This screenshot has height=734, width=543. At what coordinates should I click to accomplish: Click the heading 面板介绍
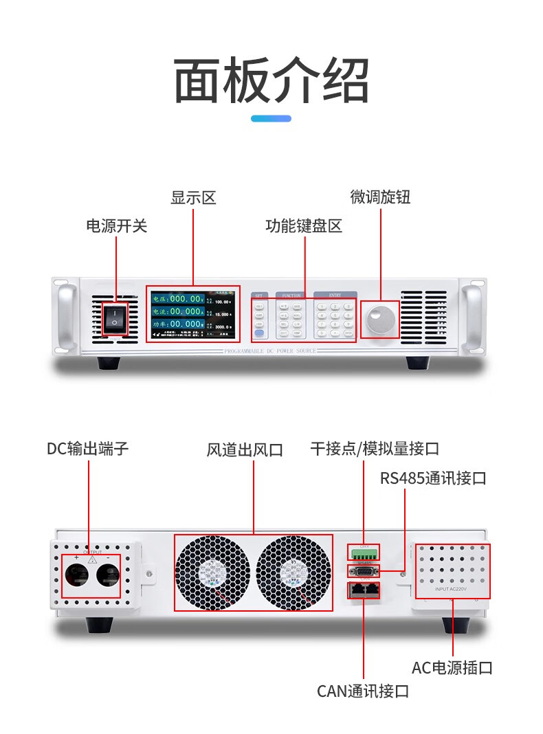click(271, 80)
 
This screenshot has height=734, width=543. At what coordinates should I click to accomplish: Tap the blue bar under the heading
click(271, 119)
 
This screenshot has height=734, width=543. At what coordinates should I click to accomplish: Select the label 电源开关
click(116, 226)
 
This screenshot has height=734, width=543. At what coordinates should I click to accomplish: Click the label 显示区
click(193, 199)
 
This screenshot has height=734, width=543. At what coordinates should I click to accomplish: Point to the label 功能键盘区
click(304, 226)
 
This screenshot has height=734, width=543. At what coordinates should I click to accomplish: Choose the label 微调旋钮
click(380, 197)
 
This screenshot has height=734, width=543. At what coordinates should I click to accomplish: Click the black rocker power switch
click(115, 318)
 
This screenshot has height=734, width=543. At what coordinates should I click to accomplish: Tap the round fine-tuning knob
click(380, 320)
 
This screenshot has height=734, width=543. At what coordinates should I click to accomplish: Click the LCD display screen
click(192, 315)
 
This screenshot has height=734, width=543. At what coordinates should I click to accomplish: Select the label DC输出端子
click(88, 449)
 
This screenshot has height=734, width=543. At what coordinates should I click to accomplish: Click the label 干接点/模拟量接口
click(375, 449)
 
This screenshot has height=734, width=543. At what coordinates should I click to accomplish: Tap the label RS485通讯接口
click(433, 478)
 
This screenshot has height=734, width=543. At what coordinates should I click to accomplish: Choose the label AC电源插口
click(452, 667)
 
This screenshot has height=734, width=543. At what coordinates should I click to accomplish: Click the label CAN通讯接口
click(363, 691)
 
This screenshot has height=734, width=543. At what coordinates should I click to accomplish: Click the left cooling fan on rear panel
click(212, 572)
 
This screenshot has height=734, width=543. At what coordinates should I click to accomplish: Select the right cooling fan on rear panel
click(294, 572)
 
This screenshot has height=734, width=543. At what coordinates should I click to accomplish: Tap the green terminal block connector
click(364, 554)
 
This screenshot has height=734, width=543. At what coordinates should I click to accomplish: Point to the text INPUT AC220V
click(452, 590)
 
